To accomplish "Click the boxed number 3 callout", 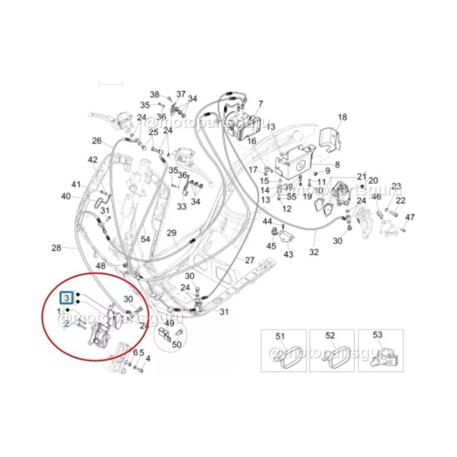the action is [67, 298].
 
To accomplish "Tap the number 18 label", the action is [342, 118].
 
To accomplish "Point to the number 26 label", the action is [97, 141].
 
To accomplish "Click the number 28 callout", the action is [56, 248].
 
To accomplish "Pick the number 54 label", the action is [146, 239].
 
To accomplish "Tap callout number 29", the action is [172, 232].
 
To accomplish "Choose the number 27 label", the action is [250, 260].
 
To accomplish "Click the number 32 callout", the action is [314, 252].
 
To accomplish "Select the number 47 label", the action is [410, 217].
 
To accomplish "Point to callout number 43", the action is [288, 254].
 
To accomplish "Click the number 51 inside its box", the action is [280, 335].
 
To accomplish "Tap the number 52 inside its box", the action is [330, 335].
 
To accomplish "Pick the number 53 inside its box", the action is [378, 335].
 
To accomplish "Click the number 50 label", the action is [177, 344].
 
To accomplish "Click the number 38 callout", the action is [155, 94].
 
